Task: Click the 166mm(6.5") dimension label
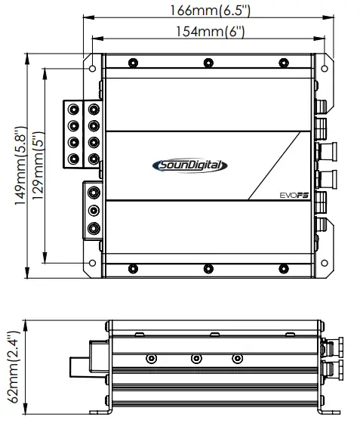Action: click(210, 11)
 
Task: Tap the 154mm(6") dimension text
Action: click(211, 31)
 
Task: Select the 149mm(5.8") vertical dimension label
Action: click(21, 165)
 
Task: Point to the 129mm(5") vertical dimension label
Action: click(38, 165)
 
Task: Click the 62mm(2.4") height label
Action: click(14, 367)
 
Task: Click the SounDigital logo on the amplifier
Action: click(189, 165)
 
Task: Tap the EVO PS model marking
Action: click(294, 196)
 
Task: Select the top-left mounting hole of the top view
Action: click(92, 68)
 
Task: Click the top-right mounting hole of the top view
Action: click(325, 68)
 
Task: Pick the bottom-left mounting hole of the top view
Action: click(92, 263)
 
